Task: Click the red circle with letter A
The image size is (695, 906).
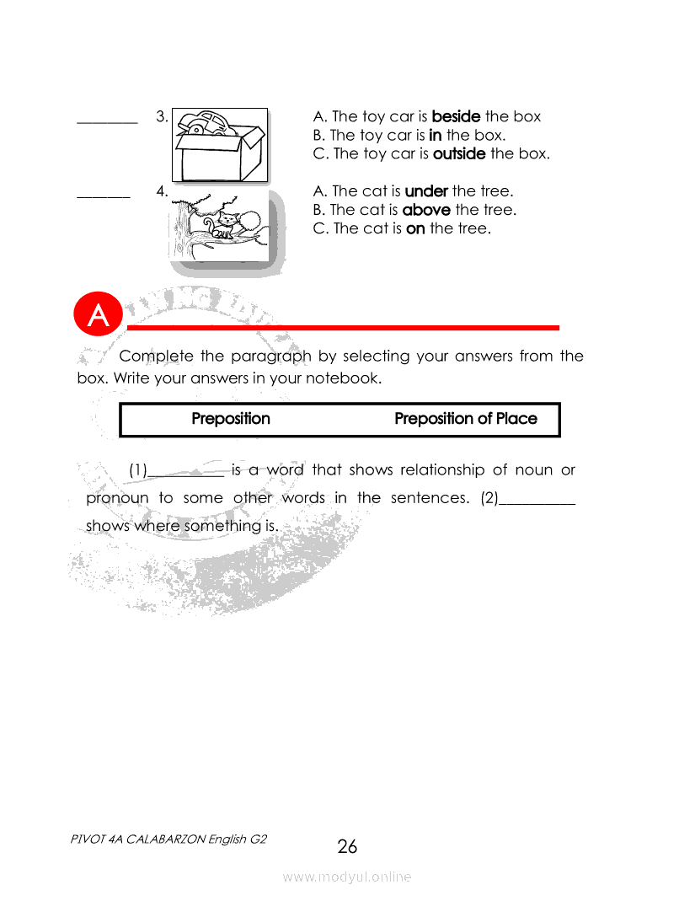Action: point(99,315)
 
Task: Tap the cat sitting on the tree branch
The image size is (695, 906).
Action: point(223,224)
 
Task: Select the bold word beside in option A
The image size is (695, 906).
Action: point(456,116)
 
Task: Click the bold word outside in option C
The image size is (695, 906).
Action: point(459,153)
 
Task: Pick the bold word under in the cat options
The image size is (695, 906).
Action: point(426,191)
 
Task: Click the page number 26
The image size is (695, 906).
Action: point(347,846)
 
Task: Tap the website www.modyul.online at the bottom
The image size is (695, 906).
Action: point(347,877)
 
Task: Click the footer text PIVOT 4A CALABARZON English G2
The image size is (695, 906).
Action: point(169,839)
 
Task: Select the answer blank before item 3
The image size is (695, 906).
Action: point(107,122)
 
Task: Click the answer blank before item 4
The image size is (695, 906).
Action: point(104,196)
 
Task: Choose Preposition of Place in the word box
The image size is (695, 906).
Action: point(465,419)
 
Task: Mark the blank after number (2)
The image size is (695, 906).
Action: point(537,502)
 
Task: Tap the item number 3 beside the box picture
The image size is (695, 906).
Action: point(161,116)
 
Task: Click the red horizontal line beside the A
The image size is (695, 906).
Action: point(343,327)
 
